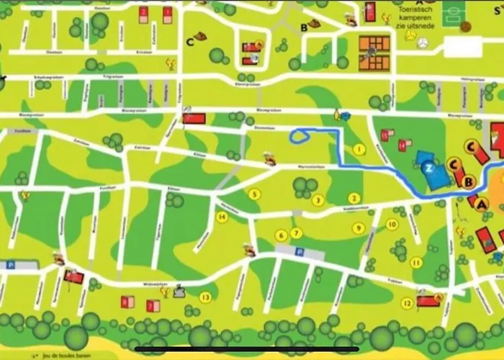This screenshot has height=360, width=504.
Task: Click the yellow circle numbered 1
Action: [359, 150]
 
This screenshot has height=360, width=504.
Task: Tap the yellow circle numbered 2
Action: [354, 198]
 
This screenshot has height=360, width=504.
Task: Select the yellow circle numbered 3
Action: [318, 200]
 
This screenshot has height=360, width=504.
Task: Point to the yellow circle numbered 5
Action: [253, 194]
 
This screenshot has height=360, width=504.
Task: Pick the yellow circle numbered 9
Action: [357, 228]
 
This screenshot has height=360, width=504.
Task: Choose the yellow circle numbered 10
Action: [392, 224]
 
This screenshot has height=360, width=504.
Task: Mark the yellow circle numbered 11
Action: [415, 262]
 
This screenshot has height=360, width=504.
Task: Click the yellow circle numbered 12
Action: [408, 303]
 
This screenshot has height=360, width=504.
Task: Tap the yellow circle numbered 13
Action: [206, 297]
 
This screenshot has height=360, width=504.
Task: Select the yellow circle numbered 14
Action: [222, 217]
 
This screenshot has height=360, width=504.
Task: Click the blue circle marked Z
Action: [429, 168]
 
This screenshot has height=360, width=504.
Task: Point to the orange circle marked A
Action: [482, 204]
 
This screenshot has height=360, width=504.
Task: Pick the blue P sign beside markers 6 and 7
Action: [300, 251]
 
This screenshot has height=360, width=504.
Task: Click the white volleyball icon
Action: [422, 44]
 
